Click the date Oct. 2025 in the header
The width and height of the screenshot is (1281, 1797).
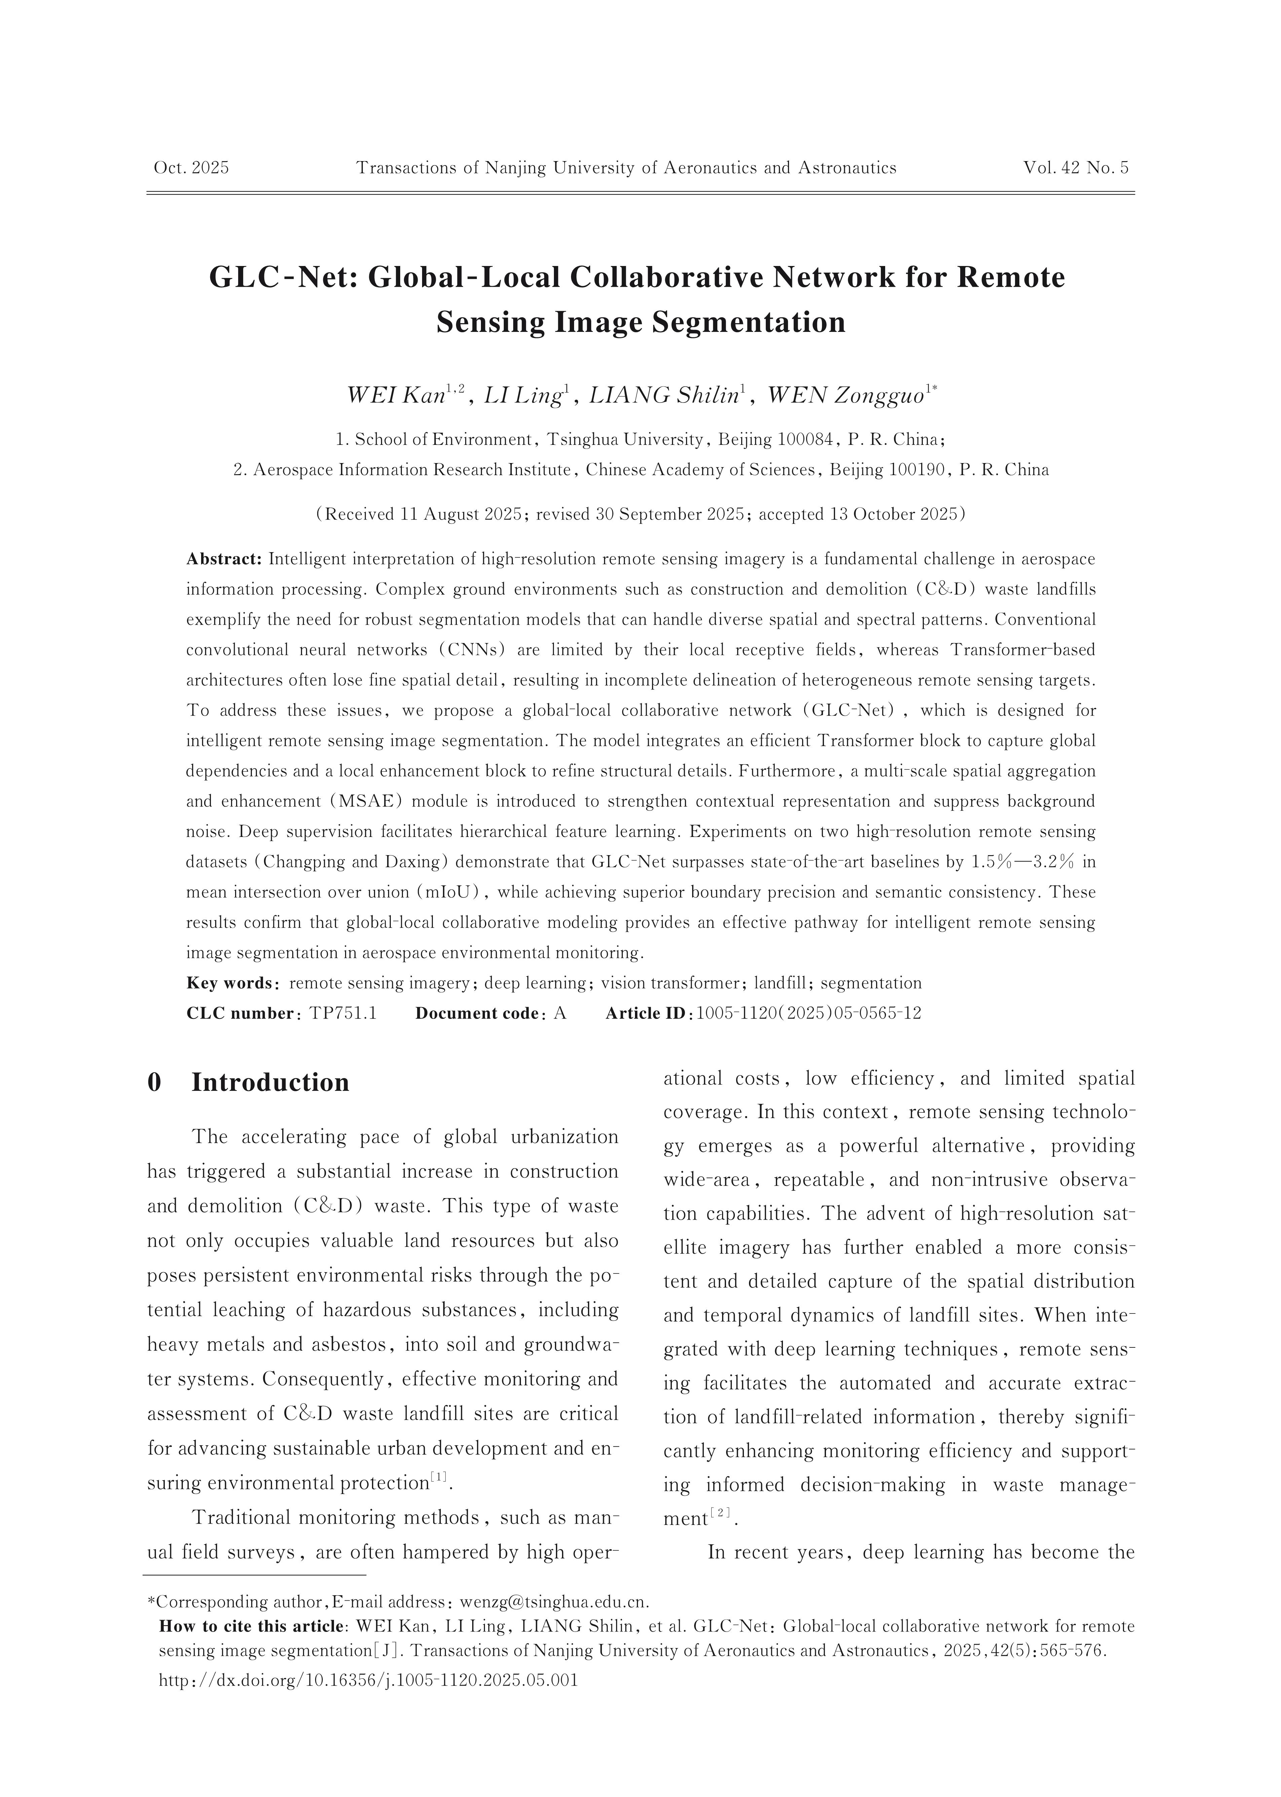pos(191,168)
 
